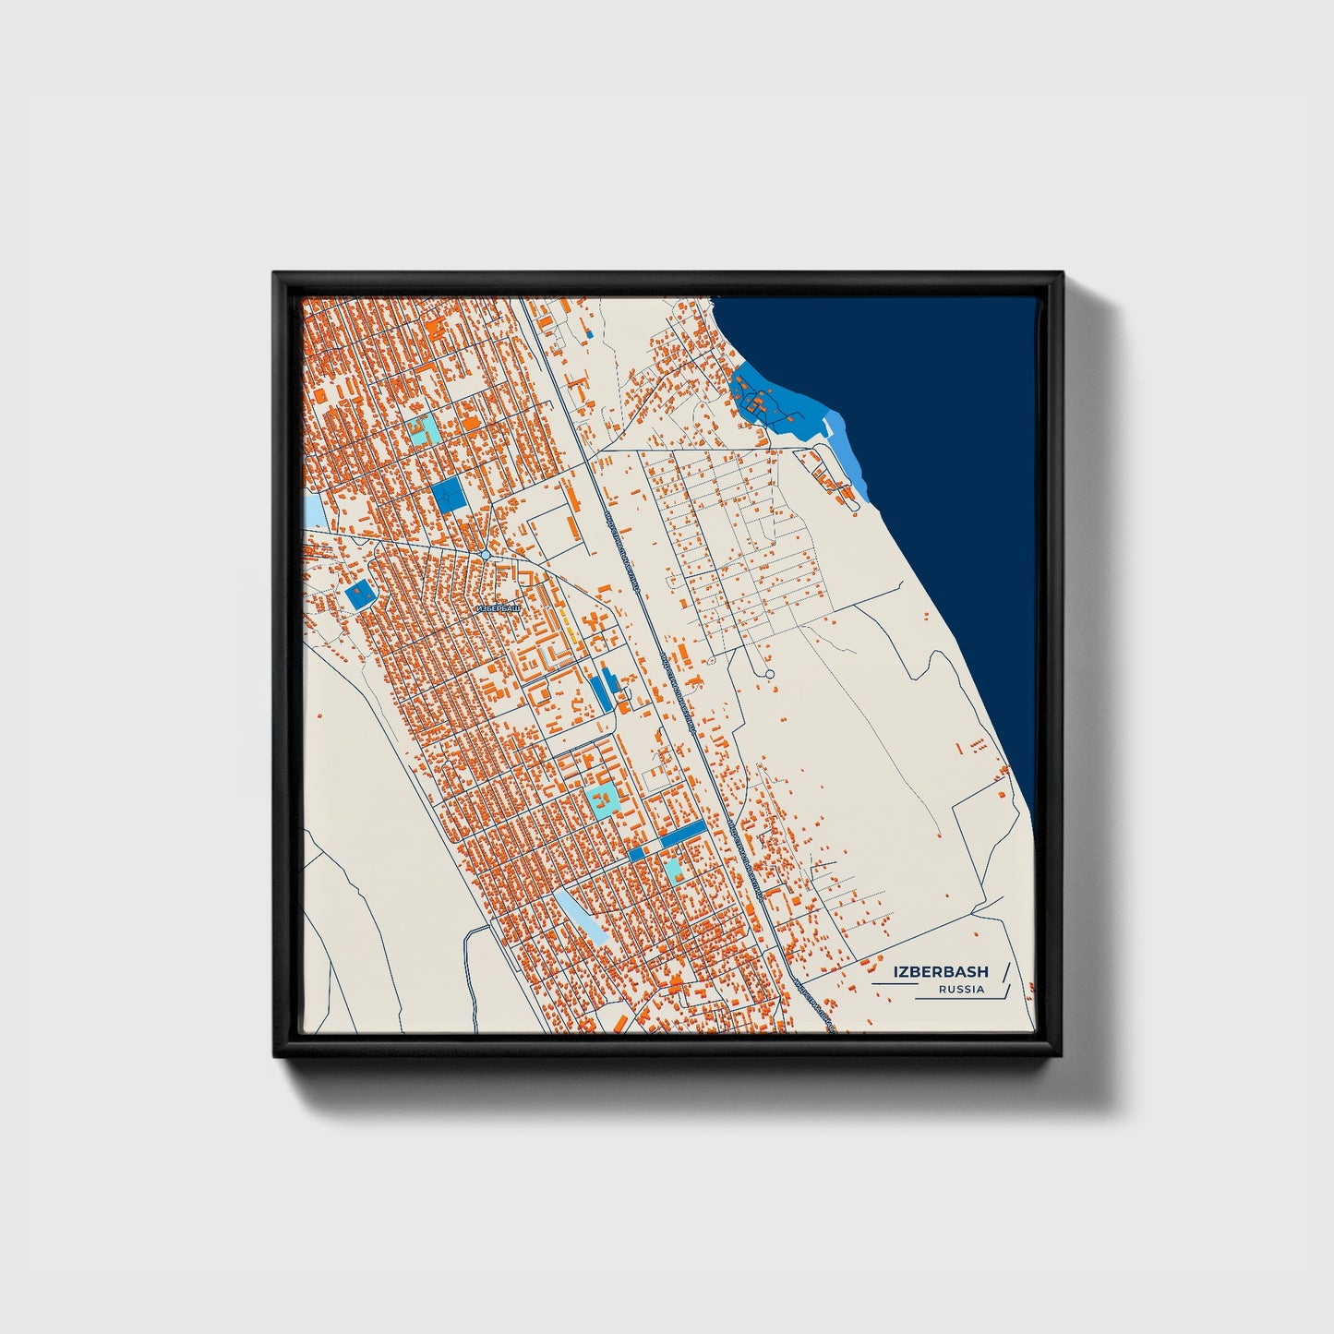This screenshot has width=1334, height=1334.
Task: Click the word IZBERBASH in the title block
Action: tap(940, 972)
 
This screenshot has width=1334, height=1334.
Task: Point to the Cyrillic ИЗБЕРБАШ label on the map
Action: tap(496, 609)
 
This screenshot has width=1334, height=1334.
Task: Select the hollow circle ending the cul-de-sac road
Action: tap(770, 675)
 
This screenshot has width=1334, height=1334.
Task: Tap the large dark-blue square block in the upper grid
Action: tap(451, 495)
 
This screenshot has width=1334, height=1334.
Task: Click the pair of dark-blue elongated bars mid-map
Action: tap(602, 691)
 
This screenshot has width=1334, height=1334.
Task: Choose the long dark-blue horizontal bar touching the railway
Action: tap(683, 834)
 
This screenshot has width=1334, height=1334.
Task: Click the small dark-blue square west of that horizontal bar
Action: tap(636, 855)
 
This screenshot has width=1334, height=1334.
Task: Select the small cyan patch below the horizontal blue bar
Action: tap(673, 868)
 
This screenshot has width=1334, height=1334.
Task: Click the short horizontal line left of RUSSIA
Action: tap(894, 985)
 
